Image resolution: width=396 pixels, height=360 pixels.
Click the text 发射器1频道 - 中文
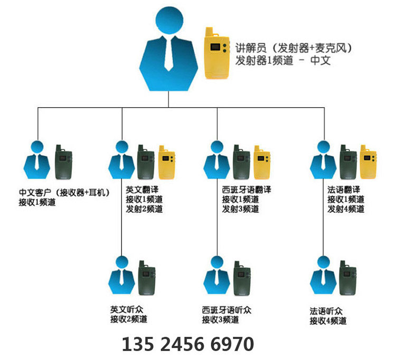point(283,61)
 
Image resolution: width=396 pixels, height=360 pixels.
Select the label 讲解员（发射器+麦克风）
point(294,48)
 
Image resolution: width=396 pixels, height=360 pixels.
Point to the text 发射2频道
point(144,209)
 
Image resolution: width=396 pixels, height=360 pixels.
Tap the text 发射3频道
point(240,209)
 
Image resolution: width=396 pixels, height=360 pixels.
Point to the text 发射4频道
point(345,209)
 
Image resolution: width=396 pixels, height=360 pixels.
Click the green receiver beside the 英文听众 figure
point(147,279)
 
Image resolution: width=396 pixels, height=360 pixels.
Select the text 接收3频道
point(220,319)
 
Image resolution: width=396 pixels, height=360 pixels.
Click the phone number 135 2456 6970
point(187,344)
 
